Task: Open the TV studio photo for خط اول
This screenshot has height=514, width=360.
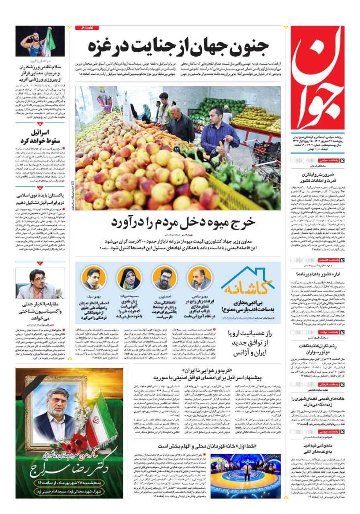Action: coord(245,476)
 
